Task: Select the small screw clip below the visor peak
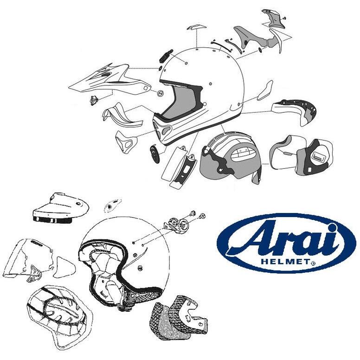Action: (94, 100)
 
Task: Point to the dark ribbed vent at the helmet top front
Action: (165, 56)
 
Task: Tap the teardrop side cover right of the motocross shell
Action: (265, 90)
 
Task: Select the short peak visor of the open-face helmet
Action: (61, 208)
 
